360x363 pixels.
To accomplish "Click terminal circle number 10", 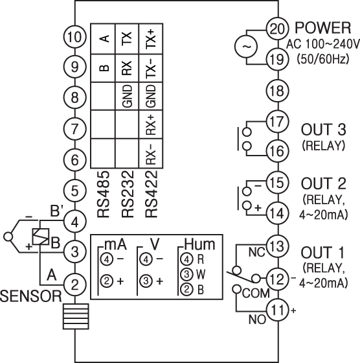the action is pyautogui.click(x=74, y=37).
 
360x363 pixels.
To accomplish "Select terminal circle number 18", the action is pyautogui.click(x=278, y=91).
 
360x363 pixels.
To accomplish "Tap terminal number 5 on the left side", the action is pyautogui.click(x=74, y=191).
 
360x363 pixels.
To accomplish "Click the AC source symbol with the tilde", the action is pyautogui.click(x=247, y=47).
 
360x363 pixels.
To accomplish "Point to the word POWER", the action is pyautogui.click(x=323, y=28).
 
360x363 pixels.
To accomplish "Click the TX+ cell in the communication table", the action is pyautogui.click(x=151, y=39).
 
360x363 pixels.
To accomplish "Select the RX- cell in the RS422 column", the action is pyautogui.click(x=152, y=153).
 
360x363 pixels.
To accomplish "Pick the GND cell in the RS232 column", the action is pyautogui.click(x=128, y=97).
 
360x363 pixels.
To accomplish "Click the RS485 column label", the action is pyautogui.click(x=103, y=194).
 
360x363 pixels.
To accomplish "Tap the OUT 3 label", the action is pyautogui.click(x=324, y=129).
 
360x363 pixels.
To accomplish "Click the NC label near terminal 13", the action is pyautogui.click(x=256, y=252).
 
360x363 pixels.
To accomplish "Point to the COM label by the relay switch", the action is pyautogui.click(x=256, y=293).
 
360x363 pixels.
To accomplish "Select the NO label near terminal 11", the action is pyautogui.click(x=257, y=320).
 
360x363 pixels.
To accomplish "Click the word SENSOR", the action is pyautogui.click(x=31, y=296).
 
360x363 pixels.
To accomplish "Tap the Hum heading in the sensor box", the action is pyautogui.click(x=200, y=244).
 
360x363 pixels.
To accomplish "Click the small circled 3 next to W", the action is pyautogui.click(x=186, y=274).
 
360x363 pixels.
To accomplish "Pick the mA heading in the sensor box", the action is pyautogui.click(x=116, y=244).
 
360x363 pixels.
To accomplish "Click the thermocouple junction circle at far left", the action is pyautogui.click(x=8, y=237).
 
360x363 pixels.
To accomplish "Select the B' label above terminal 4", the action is pyautogui.click(x=56, y=211).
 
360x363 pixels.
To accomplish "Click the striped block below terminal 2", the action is pyautogui.click(x=76, y=316).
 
